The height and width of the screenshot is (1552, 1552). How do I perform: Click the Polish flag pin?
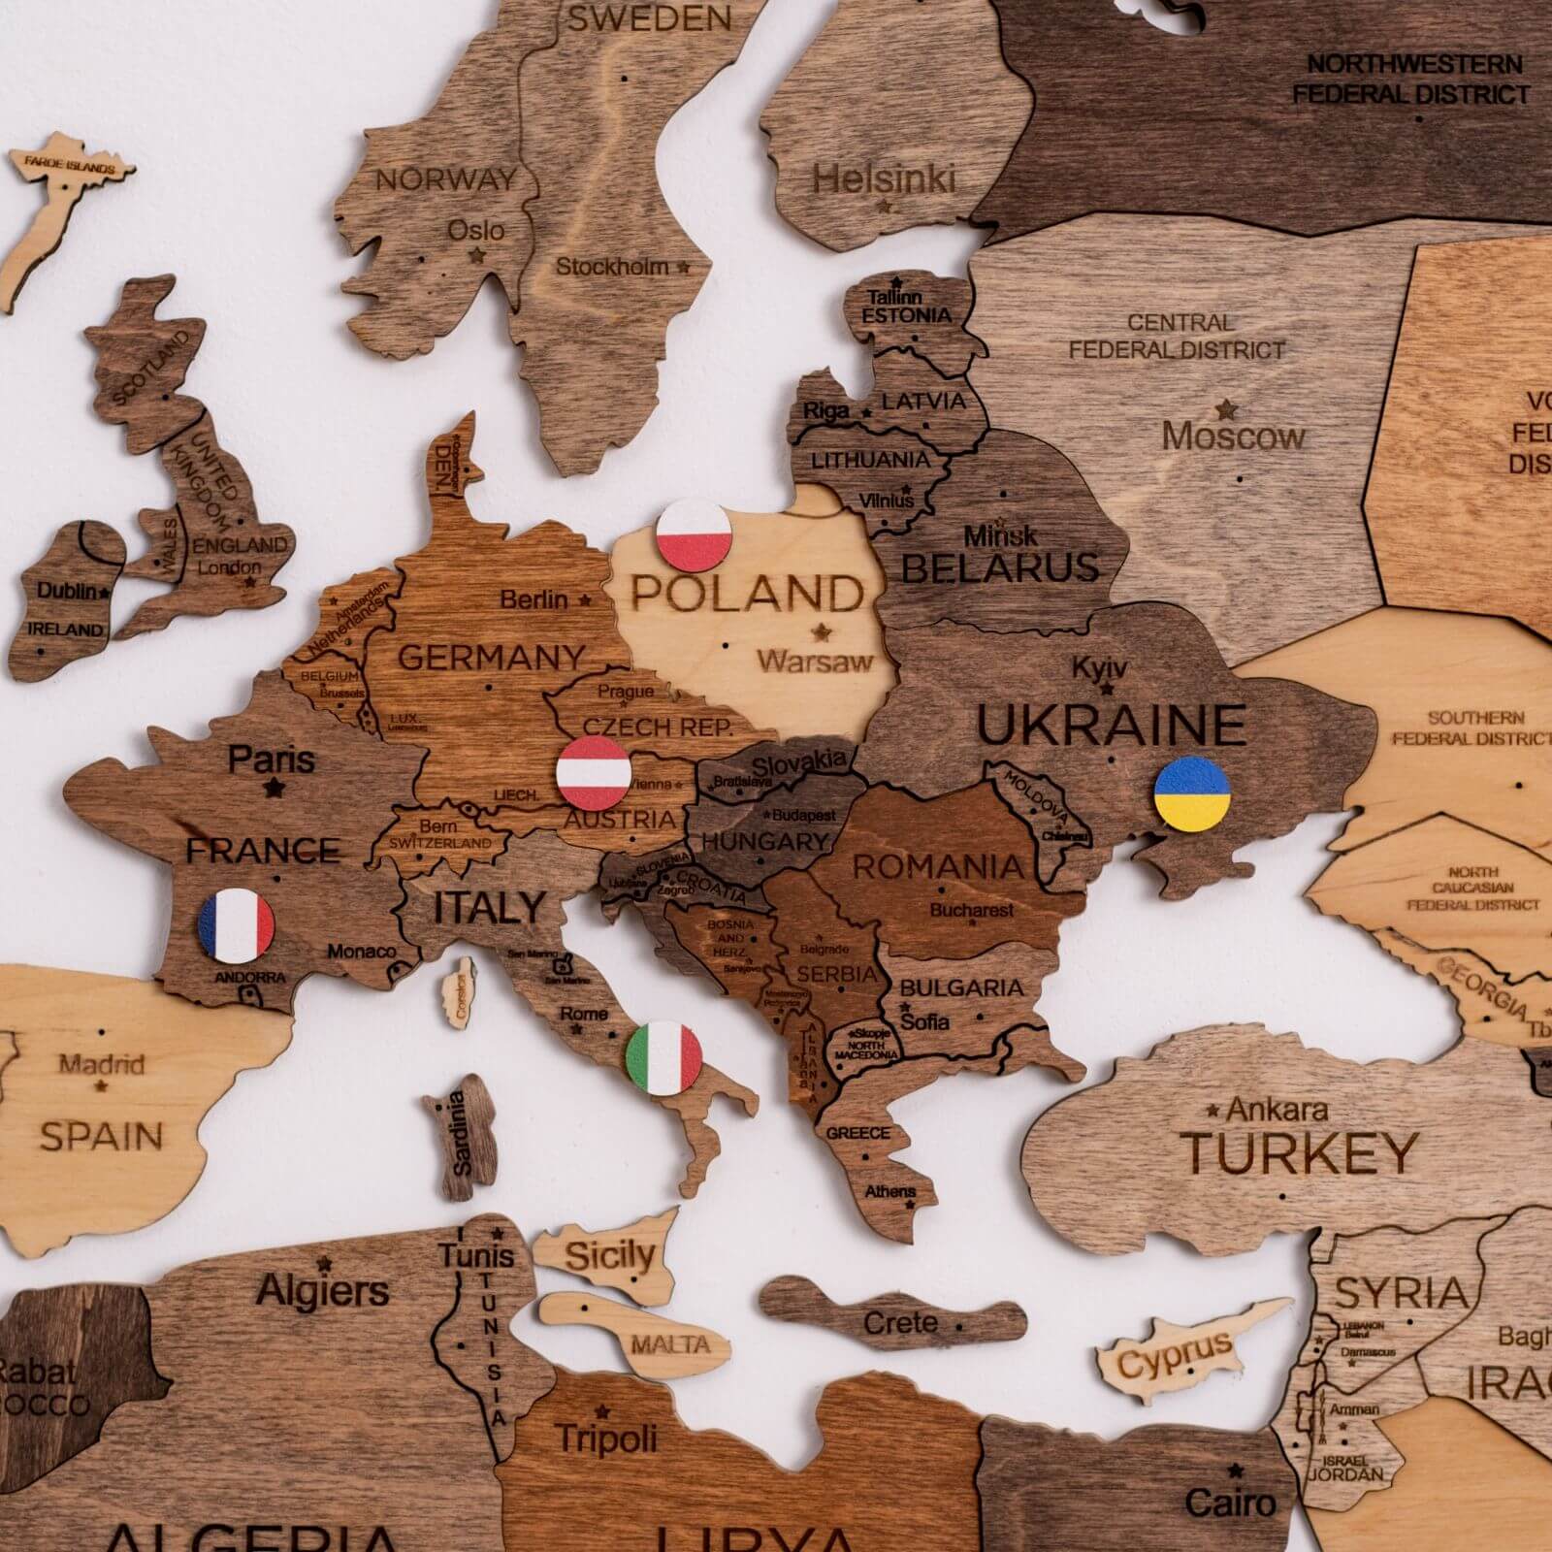[694, 535]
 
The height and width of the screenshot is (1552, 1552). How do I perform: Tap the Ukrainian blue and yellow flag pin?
[1192, 793]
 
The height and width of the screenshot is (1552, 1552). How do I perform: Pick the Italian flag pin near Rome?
[663, 1057]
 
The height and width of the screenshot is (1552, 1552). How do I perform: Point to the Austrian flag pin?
[593, 771]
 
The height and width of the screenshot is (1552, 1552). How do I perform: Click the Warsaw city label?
[815, 663]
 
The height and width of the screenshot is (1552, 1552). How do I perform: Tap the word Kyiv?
[1099, 668]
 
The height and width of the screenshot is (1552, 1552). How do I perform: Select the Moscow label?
[1233, 436]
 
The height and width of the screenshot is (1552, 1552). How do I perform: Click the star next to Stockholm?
[684, 266]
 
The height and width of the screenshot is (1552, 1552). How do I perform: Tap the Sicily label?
[609, 1255]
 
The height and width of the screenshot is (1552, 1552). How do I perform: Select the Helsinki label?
[883, 179]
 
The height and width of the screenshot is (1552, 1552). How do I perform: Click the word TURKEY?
[1300, 1152]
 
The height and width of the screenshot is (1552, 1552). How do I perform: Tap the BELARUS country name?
[999, 566]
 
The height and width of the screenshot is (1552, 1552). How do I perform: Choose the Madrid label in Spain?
[102, 1064]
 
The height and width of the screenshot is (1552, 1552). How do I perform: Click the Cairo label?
[1230, 1503]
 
